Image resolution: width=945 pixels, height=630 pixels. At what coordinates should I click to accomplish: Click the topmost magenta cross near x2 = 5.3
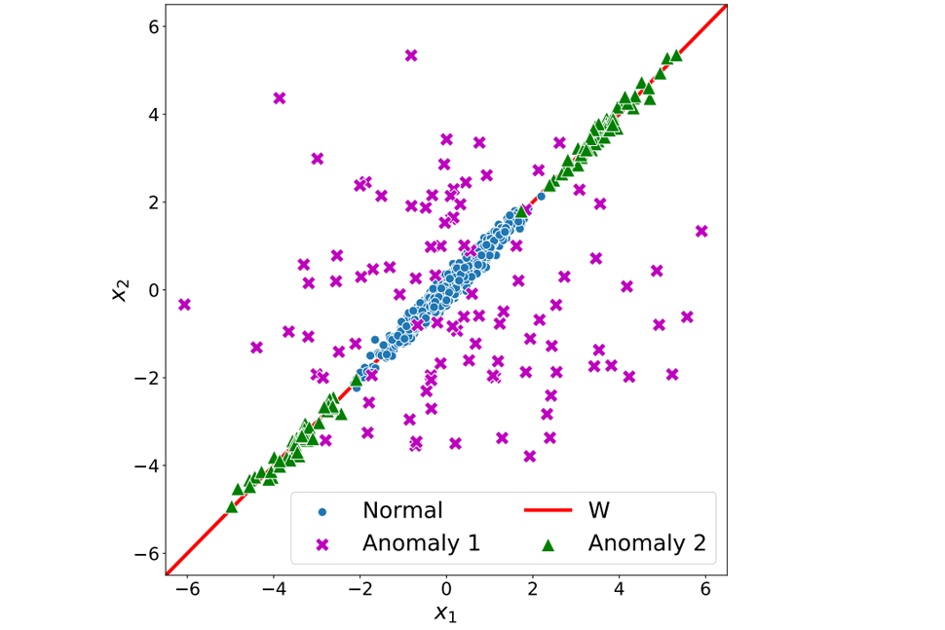[x=411, y=56]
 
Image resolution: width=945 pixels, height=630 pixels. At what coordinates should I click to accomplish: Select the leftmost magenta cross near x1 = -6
[x=184, y=305]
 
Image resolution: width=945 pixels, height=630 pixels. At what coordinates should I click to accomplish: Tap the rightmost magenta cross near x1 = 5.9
[x=701, y=231]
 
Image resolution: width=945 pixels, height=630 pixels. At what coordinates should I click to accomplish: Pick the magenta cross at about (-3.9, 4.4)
[x=280, y=98]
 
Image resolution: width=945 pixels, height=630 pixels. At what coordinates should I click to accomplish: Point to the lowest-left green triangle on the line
[x=232, y=506]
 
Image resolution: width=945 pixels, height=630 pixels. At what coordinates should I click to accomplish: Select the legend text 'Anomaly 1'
[x=421, y=543]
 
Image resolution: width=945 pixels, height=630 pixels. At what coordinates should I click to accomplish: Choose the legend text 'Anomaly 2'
[x=647, y=543]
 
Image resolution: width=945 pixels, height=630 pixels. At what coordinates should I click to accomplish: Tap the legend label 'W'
[x=599, y=510]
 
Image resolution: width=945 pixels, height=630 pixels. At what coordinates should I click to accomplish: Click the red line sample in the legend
[x=548, y=510]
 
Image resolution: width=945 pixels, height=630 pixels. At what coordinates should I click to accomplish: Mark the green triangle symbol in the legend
[x=548, y=543]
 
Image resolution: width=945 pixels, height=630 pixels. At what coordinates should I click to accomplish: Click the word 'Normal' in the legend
[x=402, y=510]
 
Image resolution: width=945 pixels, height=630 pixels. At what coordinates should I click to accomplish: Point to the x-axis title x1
[x=445, y=612]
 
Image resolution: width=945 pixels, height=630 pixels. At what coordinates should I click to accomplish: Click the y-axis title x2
[x=120, y=289]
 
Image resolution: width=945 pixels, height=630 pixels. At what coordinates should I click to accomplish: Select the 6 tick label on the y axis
[x=153, y=26]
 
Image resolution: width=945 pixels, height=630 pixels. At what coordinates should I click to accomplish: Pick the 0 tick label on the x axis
[x=446, y=590]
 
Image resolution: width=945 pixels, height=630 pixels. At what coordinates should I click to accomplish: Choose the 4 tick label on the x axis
[x=620, y=590]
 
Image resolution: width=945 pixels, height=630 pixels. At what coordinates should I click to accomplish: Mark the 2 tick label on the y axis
[x=153, y=203]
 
